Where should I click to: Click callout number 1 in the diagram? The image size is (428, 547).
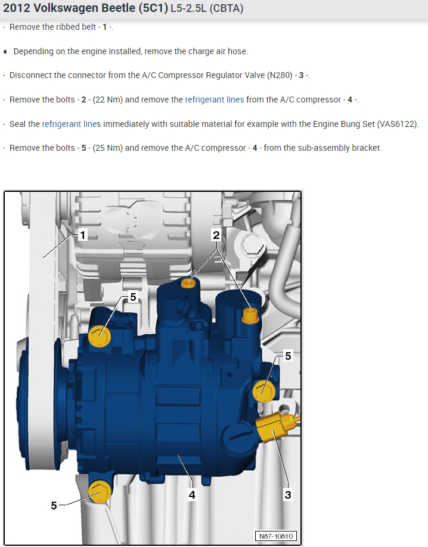pos(82,235)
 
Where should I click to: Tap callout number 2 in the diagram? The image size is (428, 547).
pos(216,235)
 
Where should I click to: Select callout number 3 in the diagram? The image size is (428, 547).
pos(288,495)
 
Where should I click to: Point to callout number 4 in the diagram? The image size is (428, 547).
pos(192,495)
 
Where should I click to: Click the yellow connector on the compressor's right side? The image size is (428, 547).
pos(276,425)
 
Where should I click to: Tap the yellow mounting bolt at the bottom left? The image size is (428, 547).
pos(100,492)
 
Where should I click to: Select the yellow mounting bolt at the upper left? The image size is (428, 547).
pos(100,336)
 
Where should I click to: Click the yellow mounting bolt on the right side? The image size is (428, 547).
pos(263,391)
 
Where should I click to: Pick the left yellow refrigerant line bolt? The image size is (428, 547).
pos(188,282)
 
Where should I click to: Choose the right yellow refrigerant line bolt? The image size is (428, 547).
pos(250,315)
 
